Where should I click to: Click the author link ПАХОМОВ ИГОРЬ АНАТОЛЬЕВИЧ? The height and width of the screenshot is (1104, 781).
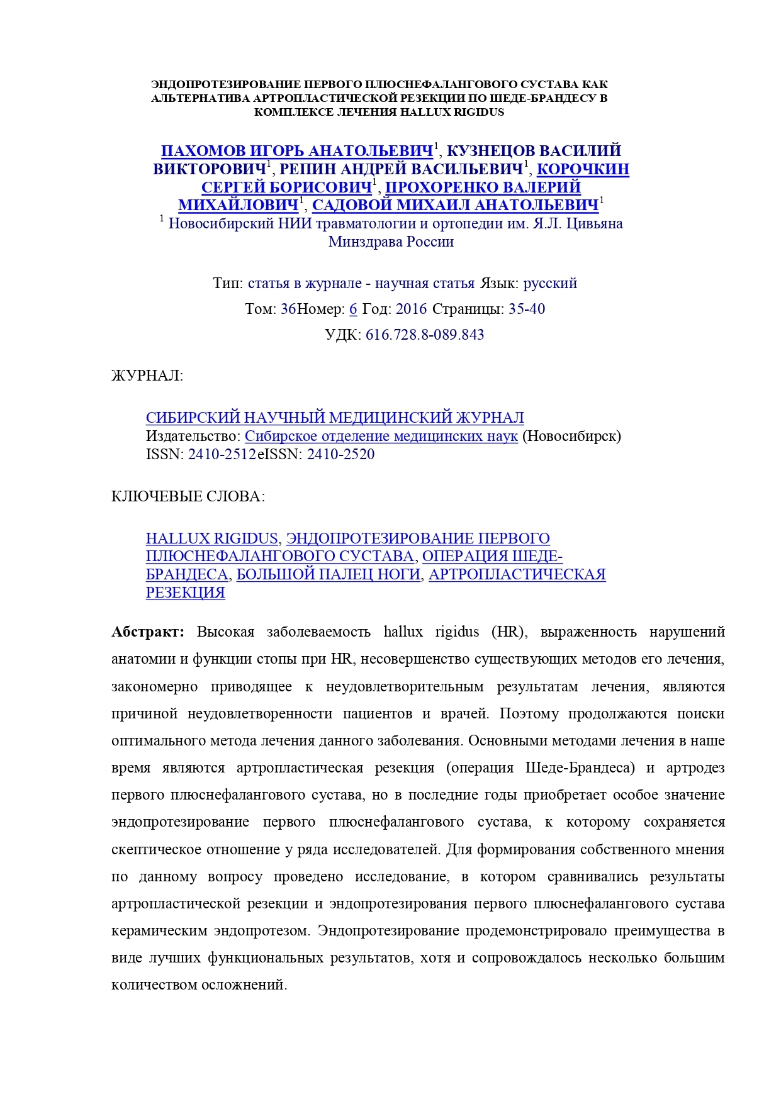297,151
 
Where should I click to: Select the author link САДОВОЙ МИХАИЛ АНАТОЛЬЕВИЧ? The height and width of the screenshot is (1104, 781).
455,206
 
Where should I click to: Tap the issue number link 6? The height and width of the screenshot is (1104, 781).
353,309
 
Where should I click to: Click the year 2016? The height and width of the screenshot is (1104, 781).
411,309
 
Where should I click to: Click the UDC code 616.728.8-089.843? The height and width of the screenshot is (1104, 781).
425,335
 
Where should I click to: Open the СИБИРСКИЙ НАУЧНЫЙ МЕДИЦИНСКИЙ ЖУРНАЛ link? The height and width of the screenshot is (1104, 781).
335,418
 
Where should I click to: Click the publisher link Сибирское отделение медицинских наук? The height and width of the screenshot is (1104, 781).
381,436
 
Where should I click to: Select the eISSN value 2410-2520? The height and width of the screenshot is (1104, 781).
340,454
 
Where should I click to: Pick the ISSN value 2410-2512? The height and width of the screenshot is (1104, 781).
222,454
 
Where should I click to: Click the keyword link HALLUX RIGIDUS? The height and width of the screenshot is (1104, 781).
211,538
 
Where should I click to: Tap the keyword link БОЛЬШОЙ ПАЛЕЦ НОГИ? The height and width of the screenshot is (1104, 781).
328,574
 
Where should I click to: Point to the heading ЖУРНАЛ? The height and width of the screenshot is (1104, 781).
147,376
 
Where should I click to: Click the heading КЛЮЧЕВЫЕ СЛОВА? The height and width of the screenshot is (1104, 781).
188,497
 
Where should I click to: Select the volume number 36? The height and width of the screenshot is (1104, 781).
288,309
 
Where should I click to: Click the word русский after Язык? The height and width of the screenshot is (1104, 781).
550,283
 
